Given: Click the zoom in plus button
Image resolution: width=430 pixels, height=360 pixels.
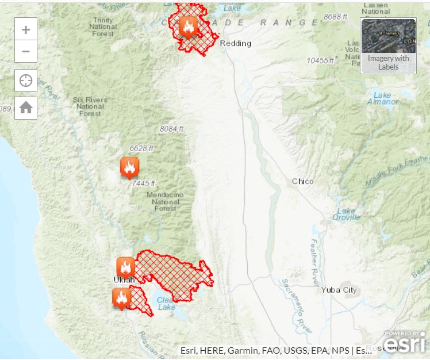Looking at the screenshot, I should (x=26, y=29).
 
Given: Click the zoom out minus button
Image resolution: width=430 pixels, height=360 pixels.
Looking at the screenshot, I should (x=26, y=51).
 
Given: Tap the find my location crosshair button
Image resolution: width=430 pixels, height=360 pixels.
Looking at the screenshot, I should (x=26, y=81).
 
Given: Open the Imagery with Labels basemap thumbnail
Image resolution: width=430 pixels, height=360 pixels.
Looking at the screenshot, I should (x=388, y=45).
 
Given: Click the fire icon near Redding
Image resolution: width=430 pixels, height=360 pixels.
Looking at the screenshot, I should (x=188, y=26).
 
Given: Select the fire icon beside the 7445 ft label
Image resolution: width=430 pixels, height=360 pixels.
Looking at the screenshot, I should (x=129, y=167).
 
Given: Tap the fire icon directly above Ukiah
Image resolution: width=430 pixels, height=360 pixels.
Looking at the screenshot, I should (x=125, y=267).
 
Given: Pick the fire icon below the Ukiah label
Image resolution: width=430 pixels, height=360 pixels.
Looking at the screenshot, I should (x=121, y=298).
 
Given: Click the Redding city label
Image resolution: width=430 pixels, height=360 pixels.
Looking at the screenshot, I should (x=236, y=43).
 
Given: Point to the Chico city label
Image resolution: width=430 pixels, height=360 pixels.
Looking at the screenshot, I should (x=303, y=181).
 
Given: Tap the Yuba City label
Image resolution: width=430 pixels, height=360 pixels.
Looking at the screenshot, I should (x=339, y=290).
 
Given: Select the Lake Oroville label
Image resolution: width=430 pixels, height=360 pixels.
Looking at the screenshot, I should (x=346, y=214).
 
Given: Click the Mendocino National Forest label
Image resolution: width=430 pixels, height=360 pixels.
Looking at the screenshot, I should (x=166, y=201).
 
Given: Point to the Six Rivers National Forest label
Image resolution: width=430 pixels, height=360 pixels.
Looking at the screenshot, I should (x=90, y=106).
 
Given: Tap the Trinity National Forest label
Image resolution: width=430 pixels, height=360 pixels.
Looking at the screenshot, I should (x=103, y=26).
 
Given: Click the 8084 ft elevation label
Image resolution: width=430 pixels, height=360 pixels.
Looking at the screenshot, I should (x=171, y=128).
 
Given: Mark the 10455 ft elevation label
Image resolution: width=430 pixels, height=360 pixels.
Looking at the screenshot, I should (x=320, y=60).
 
